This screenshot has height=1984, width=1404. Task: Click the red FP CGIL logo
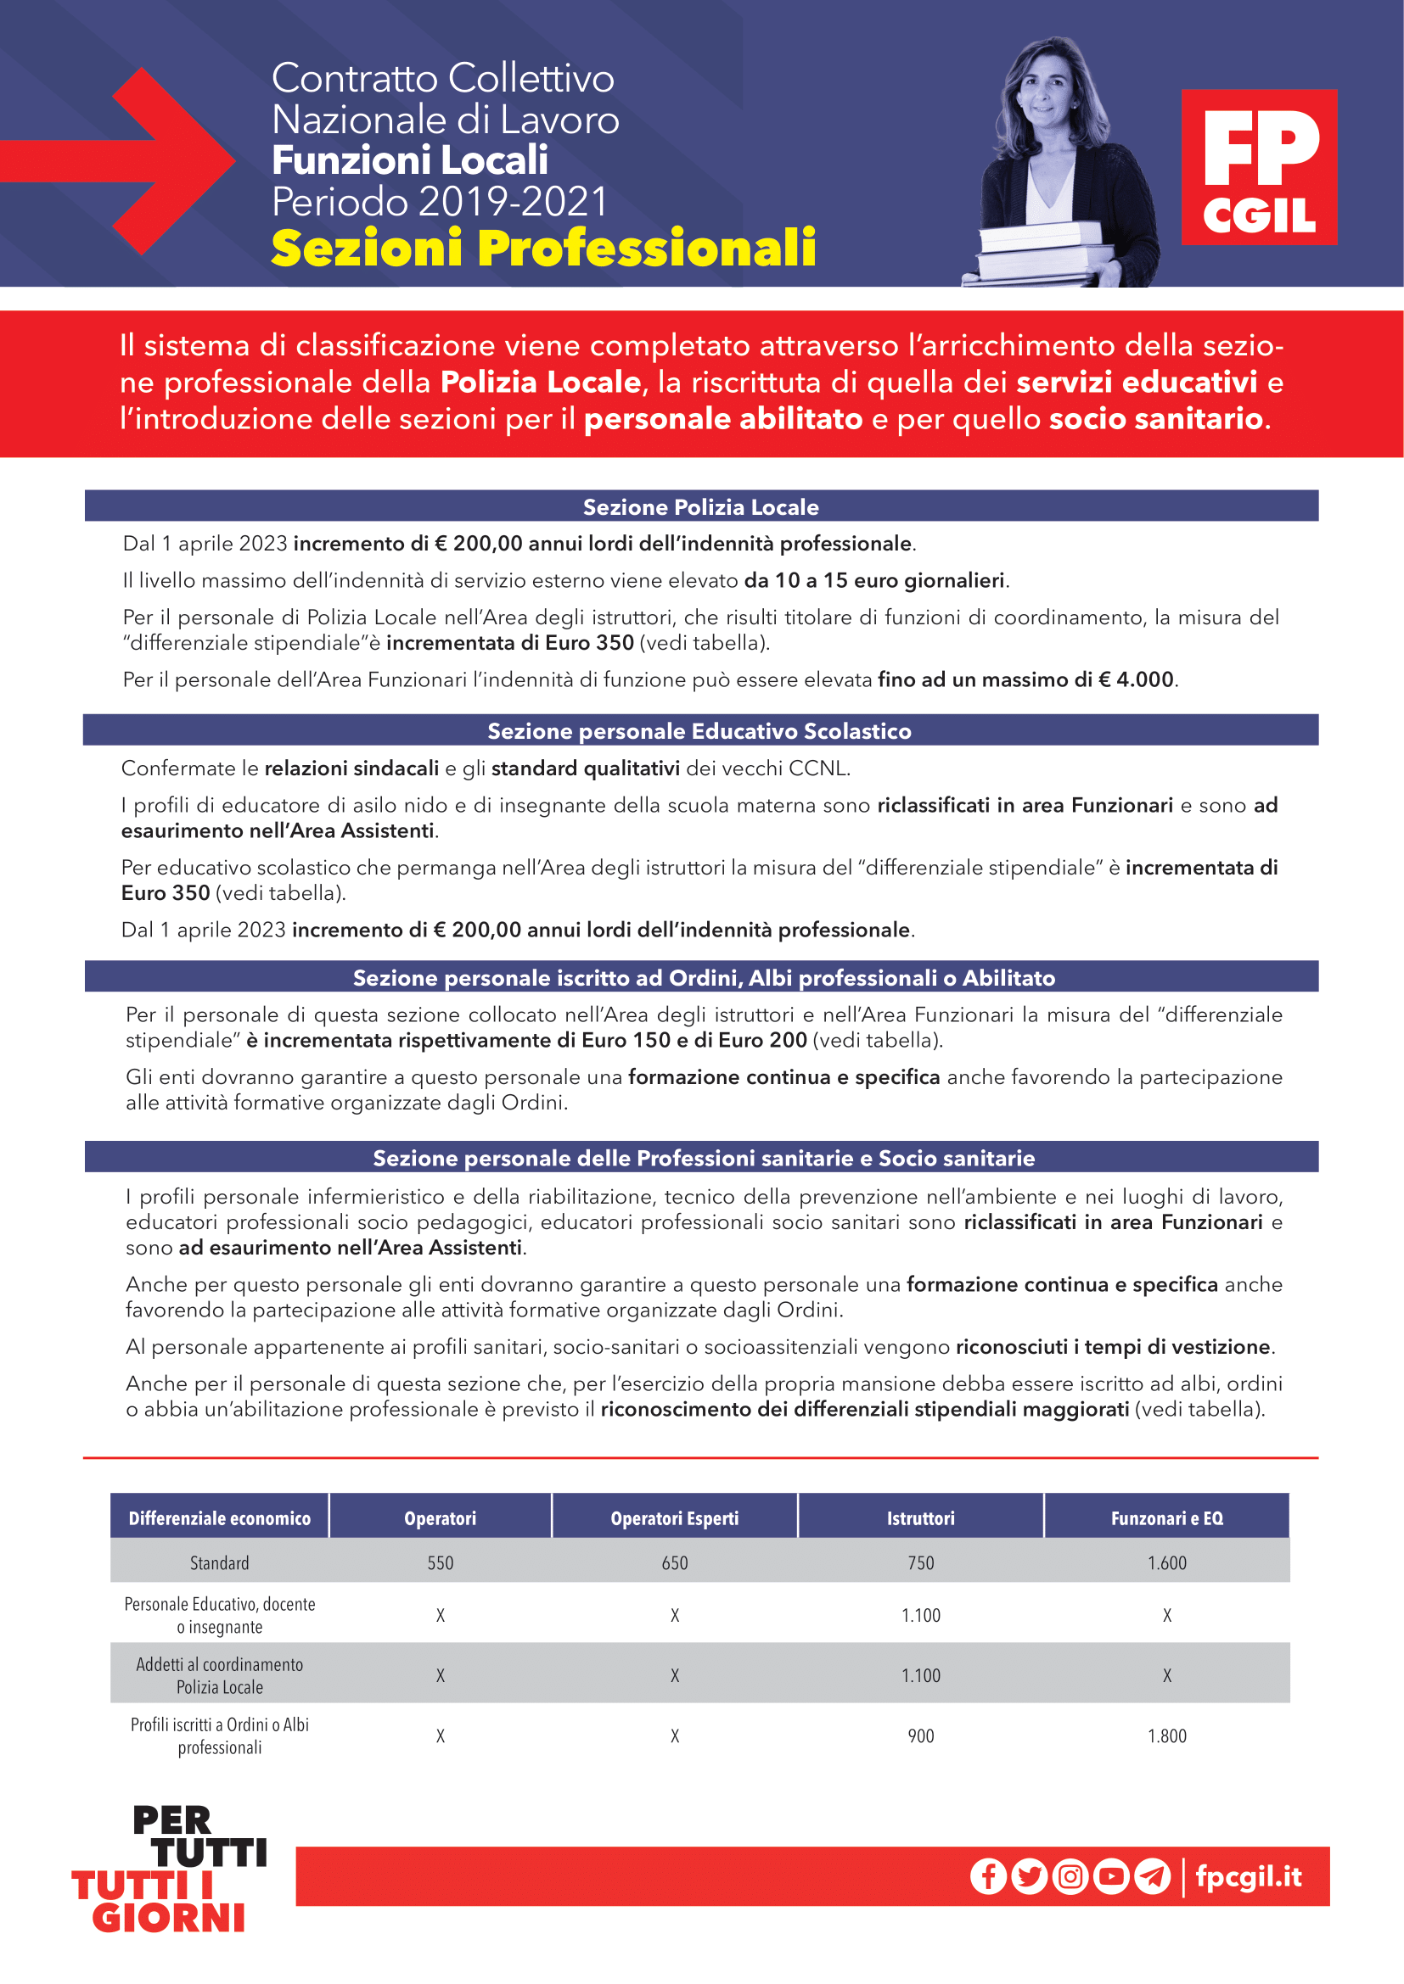[x=1259, y=167]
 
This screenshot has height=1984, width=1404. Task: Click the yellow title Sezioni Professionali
[x=543, y=248]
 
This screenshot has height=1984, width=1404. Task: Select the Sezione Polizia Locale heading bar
[x=701, y=506]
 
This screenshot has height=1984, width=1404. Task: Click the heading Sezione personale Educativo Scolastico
[x=699, y=730]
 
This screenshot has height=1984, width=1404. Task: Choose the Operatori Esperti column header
[x=674, y=1518]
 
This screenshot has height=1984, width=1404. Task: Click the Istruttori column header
[x=921, y=1518]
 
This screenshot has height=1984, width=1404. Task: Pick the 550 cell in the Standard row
[x=440, y=1562]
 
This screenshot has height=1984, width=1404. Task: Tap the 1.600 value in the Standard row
[x=1166, y=1562]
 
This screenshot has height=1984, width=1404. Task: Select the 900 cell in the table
[x=921, y=1735]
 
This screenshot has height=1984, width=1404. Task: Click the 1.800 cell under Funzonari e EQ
[x=1166, y=1735]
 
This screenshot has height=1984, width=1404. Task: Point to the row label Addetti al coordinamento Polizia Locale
[x=220, y=1674]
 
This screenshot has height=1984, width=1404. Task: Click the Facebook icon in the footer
[x=988, y=1876]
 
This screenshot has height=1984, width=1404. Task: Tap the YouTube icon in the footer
[x=1111, y=1876]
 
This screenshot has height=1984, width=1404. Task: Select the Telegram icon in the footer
[x=1152, y=1876]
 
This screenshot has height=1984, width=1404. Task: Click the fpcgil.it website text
[x=1249, y=1876]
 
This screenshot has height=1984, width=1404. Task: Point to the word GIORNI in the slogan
[x=170, y=1919]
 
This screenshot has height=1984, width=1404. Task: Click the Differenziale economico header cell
[x=220, y=1518]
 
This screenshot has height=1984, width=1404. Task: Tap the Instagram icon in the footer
[x=1070, y=1876]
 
